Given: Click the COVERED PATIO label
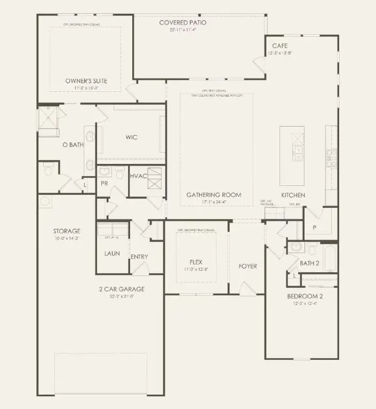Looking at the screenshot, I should [x=182, y=22].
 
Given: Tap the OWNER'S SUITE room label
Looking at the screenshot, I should [x=86, y=81].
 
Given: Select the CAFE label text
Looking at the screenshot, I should [x=280, y=46].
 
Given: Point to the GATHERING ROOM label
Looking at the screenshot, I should [x=213, y=195].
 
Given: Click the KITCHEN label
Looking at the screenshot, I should [x=293, y=195].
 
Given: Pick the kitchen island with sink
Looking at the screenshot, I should [x=292, y=144].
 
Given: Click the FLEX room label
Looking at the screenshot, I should [x=196, y=262].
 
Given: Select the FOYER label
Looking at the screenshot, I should [x=247, y=266].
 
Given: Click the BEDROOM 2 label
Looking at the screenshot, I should [x=305, y=296].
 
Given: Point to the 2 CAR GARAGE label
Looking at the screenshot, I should [x=121, y=289].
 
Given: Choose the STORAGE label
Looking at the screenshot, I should [x=67, y=231].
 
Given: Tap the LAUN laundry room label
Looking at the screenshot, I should [x=112, y=253].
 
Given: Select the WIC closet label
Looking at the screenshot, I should [x=131, y=137].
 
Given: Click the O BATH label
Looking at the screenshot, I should [x=73, y=145].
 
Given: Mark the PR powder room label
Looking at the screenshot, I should [x=104, y=183].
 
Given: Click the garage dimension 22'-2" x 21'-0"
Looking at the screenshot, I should [x=121, y=296].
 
